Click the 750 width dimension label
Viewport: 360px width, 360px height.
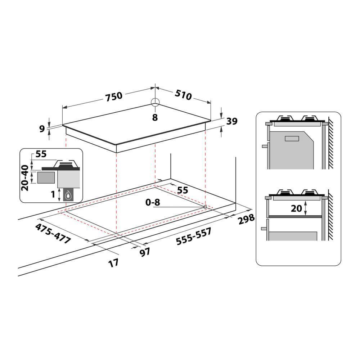pos(114,96)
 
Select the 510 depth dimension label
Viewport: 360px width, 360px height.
pos(183,94)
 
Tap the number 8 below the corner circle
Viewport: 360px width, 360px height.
pos(155,117)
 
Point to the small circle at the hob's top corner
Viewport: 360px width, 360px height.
pos(155,102)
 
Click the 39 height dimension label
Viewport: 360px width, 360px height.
pos(232,122)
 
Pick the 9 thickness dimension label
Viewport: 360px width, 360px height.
pos(42,128)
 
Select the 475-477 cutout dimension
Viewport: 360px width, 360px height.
pos(53,234)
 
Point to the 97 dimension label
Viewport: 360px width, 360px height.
pos(145,252)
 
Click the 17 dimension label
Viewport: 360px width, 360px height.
pos(113,263)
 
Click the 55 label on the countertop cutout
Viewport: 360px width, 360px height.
pos(183,190)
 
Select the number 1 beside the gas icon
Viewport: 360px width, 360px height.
pos(53,194)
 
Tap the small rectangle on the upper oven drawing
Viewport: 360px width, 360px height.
pos(292,138)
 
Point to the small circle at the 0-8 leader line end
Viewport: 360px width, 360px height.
pos(205,207)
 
